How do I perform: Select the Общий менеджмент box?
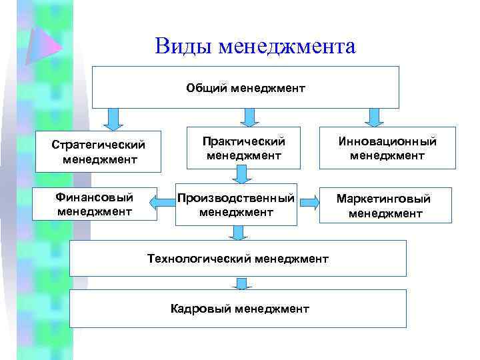click(x=245, y=87)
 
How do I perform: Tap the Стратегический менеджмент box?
click(x=98, y=151)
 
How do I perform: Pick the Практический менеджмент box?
click(x=245, y=148)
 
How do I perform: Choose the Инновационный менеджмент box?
click(x=387, y=148)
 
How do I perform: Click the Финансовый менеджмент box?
click(x=95, y=204)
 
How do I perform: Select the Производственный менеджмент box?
click(x=236, y=205)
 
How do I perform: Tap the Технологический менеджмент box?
click(x=237, y=258)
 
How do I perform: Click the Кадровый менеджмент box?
click(x=237, y=308)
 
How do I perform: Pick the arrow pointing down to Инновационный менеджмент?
click(x=375, y=117)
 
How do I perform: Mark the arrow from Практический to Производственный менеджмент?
click(x=241, y=174)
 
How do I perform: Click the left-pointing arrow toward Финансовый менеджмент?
click(x=167, y=200)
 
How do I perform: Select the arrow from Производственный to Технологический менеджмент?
click(x=238, y=232)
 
